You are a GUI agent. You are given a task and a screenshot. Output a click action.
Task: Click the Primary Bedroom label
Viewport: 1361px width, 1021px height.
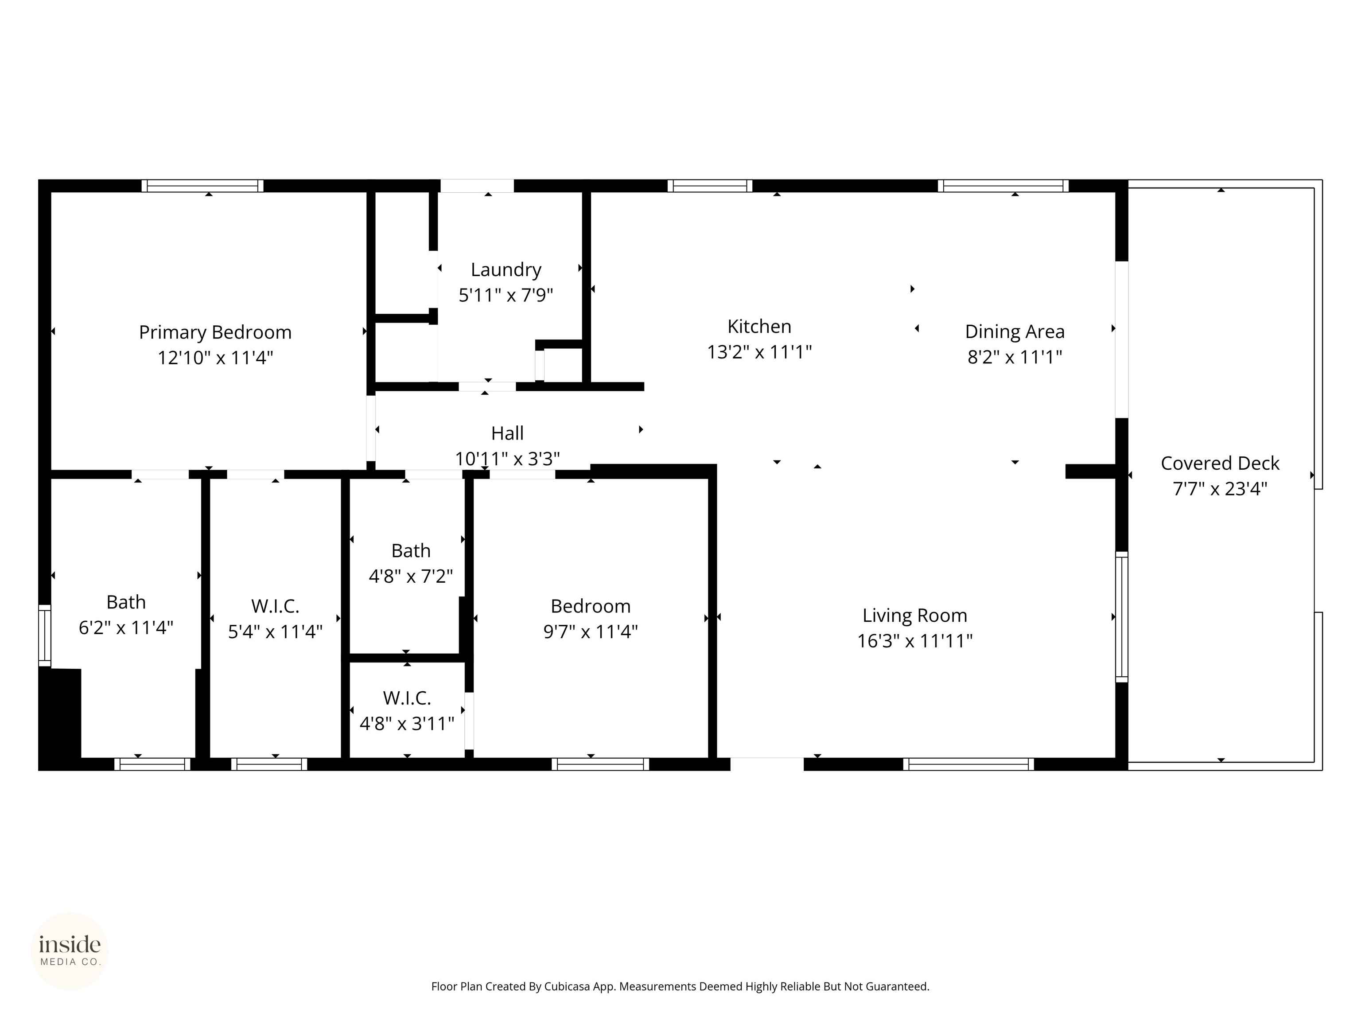click(215, 332)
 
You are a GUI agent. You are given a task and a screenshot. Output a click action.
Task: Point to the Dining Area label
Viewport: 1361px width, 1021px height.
click(1014, 332)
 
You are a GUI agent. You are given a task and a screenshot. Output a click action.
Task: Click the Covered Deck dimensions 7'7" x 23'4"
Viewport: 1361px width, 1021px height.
click(1220, 489)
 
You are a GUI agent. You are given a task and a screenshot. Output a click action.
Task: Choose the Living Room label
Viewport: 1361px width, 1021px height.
click(914, 616)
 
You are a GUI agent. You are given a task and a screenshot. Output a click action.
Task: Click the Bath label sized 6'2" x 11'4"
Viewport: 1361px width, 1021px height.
click(126, 602)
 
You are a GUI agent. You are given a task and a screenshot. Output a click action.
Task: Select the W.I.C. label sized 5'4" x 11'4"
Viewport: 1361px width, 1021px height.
click(275, 606)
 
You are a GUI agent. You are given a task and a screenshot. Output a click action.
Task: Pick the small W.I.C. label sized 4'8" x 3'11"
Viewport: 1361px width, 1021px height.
click(407, 698)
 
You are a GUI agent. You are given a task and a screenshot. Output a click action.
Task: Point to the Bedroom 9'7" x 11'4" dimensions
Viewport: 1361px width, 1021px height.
click(590, 632)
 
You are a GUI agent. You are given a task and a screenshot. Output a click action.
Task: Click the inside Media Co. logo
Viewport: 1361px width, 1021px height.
click(70, 951)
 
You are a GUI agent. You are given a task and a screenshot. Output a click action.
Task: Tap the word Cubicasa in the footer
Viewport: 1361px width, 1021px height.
click(567, 986)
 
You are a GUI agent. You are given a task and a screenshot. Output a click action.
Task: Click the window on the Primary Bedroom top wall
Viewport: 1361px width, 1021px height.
click(202, 186)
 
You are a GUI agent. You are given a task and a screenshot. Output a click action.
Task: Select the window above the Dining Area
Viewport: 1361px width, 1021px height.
click(1003, 186)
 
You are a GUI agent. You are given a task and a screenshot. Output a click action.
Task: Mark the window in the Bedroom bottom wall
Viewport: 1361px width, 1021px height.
click(600, 764)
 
